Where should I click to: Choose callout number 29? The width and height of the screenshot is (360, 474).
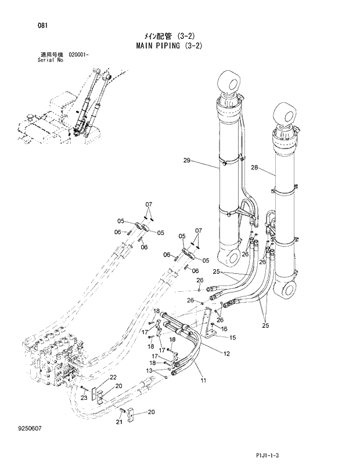click(186, 160)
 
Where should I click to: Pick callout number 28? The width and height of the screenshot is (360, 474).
click(254, 168)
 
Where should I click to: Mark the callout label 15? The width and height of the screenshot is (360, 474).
click(232, 338)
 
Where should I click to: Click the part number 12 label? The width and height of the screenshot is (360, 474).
click(226, 353)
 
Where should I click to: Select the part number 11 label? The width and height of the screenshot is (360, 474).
click(203, 380)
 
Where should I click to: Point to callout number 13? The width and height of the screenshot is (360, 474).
click(149, 370)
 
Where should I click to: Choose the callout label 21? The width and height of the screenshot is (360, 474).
click(119, 422)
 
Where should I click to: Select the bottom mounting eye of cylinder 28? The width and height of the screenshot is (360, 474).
click(288, 290)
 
